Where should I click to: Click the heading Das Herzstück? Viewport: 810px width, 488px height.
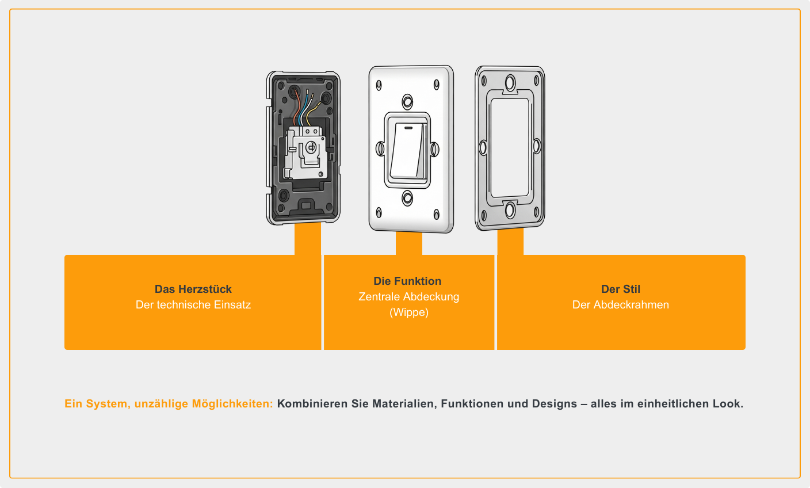tap(193, 289)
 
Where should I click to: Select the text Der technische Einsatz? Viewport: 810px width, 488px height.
tap(193, 304)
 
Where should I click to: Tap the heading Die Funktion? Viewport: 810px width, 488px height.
tap(407, 281)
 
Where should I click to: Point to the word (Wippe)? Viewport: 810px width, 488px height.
tap(409, 312)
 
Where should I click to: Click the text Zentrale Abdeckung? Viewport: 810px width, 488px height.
tap(409, 296)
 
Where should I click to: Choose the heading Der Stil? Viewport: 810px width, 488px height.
tap(621, 289)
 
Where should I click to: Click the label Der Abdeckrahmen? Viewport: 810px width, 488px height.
tap(621, 304)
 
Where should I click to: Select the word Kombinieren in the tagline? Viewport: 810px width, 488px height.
tap(312, 404)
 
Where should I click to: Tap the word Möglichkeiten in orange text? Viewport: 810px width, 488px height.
tap(232, 404)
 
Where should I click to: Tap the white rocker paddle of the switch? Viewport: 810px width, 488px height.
tap(407, 150)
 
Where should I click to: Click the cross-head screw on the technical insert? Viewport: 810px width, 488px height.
tap(311, 147)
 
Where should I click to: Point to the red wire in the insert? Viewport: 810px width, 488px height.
tap(297, 107)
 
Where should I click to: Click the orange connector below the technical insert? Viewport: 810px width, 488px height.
tap(308, 239)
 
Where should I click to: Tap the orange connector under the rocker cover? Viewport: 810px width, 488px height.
tap(409, 243)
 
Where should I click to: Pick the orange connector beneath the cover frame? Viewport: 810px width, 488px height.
tap(510, 242)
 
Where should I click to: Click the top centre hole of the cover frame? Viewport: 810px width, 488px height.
tap(510, 83)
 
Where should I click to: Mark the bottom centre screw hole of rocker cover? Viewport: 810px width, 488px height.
tap(407, 198)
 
